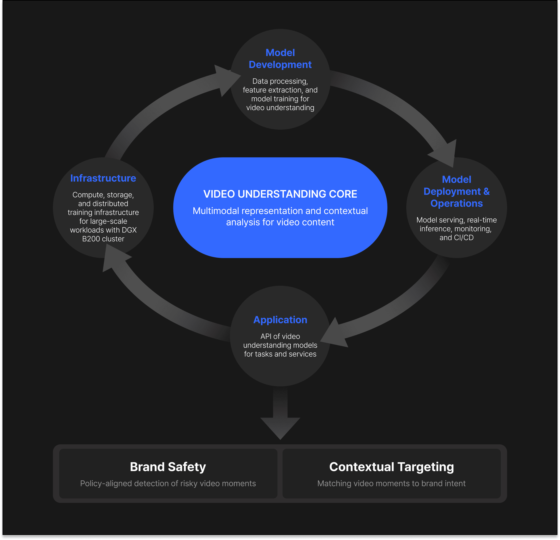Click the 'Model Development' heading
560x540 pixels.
tap(280, 59)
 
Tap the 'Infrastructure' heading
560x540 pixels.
tap(103, 178)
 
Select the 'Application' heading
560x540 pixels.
tap(280, 320)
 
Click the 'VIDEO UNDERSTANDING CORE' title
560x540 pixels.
tap(280, 194)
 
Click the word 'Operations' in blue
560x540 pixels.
tap(456, 203)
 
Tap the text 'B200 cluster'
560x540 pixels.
tap(103, 239)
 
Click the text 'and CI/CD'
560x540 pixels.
tap(456, 237)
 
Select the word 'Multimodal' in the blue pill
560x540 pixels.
tap(216, 211)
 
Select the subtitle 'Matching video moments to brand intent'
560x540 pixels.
tap(391, 484)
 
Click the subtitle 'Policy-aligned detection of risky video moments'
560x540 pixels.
tap(168, 484)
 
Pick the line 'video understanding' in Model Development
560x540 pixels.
tap(280, 108)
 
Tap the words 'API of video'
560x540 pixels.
tap(280, 336)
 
